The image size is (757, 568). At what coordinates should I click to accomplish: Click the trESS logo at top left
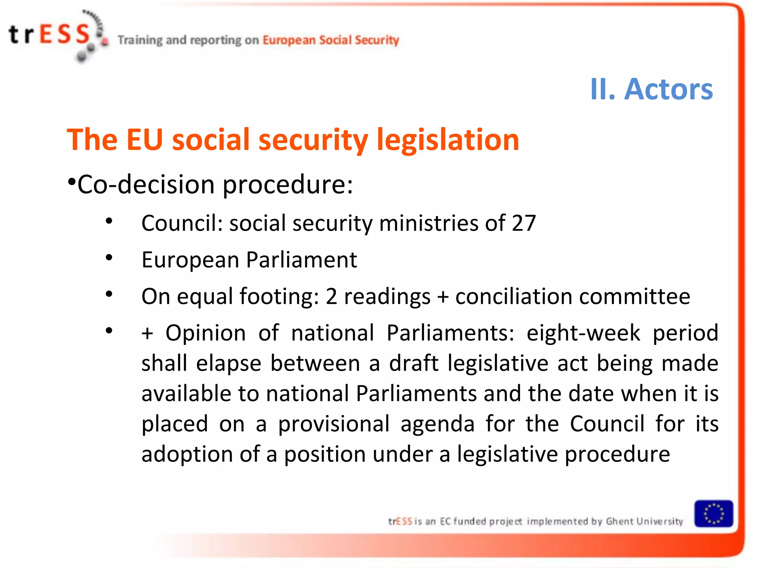55,35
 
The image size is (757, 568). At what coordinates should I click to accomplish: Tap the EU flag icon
713,514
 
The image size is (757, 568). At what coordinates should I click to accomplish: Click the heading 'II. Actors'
651,89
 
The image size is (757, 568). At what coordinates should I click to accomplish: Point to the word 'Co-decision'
146,184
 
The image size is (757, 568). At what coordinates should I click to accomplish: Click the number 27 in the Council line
523,223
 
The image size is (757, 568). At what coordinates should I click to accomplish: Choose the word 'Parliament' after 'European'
301,260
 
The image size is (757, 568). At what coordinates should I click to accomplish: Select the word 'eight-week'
583,333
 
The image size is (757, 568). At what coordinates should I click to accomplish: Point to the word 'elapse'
228,363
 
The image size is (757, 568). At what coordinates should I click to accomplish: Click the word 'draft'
414,363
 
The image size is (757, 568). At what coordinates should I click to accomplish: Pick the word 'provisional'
334,424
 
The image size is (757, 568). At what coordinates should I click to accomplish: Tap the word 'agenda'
438,424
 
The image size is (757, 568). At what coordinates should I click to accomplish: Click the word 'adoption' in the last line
187,454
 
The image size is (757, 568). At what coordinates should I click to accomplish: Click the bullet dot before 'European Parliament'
109,258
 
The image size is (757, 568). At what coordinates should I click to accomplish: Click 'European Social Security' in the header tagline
331,40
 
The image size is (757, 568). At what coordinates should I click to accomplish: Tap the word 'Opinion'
206,333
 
